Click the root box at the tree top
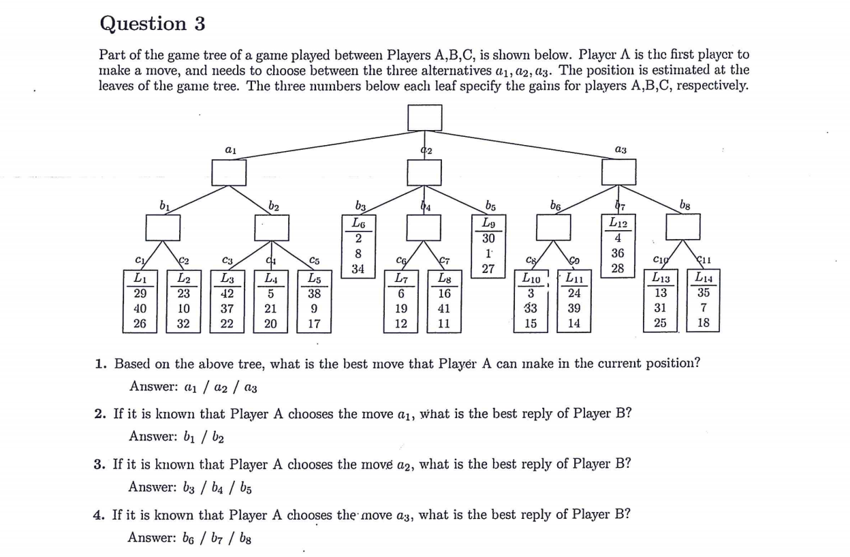425,117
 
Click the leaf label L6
358,223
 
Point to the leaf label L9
488,223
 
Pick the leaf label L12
618,223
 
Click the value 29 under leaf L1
140,293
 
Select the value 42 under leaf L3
227,293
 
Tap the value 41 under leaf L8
444,308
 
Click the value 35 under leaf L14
704,293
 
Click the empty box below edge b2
271,227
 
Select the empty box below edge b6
553,227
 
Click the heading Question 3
152,24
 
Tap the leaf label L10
531,278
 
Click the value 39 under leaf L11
574,308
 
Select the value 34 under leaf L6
358,269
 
